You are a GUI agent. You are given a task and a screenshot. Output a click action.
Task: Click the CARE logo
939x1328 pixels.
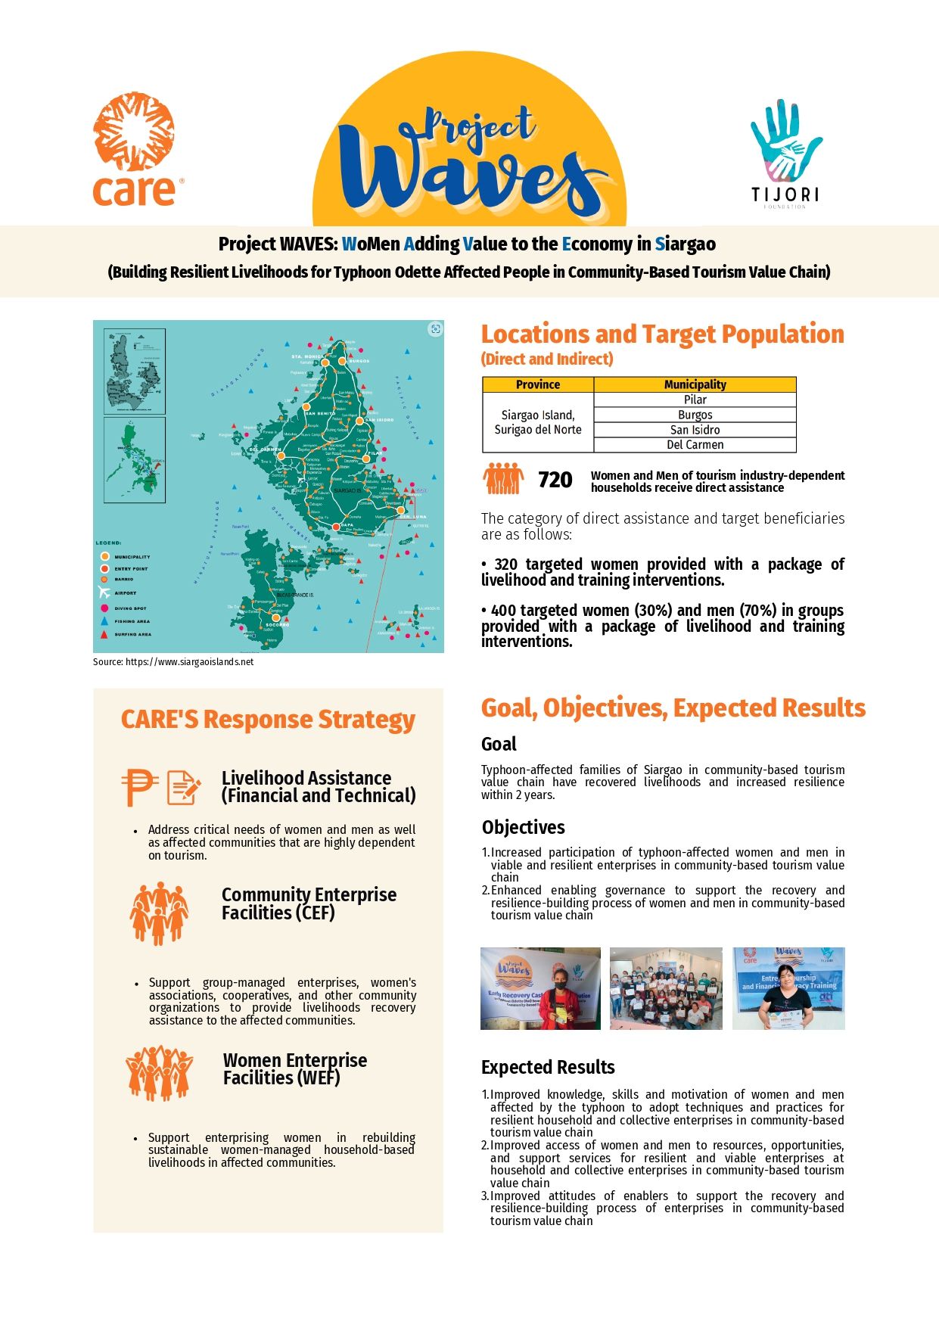[135, 151]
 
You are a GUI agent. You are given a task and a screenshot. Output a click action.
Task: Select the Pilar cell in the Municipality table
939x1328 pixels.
[695, 400]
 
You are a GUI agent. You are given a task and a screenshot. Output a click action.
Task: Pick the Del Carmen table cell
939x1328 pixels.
[695, 445]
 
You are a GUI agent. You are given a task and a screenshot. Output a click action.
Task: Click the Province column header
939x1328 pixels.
[538, 384]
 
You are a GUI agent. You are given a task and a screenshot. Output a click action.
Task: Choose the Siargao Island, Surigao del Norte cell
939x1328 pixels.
[538, 422]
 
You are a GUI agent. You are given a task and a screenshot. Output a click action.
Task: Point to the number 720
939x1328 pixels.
[555, 480]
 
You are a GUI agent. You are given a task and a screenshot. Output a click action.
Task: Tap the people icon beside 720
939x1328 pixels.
[503, 478]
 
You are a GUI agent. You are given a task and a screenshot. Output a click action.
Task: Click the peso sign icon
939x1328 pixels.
[139, 787]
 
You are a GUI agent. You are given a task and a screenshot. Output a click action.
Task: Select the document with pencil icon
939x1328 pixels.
[183, 787]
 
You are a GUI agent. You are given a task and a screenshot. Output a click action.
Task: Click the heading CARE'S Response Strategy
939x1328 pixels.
[268, 720]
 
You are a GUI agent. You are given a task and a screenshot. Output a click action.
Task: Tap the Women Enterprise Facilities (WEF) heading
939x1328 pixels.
[294, 1068]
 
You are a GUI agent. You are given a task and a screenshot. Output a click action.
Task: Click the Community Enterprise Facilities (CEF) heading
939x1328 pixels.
[309, 903]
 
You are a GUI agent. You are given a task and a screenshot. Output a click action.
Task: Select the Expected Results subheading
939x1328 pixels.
[548, 1067]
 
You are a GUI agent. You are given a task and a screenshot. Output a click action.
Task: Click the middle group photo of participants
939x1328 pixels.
[666, 988]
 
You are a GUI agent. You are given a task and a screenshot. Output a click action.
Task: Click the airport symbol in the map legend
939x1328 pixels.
[104, 592]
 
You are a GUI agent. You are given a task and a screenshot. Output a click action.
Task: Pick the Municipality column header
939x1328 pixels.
[695, 384]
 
